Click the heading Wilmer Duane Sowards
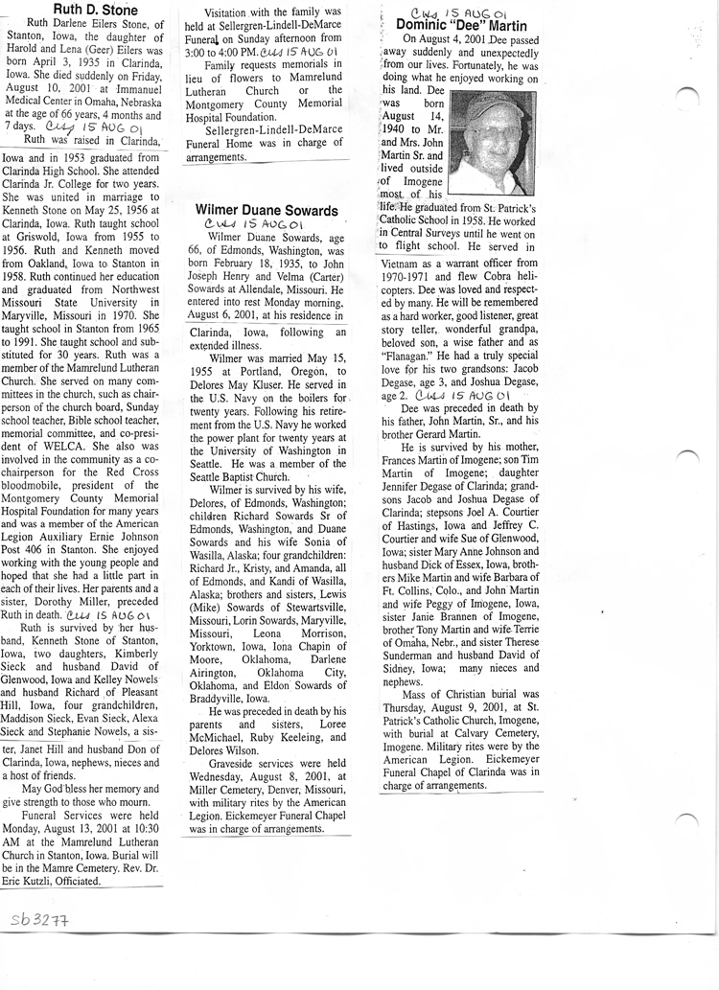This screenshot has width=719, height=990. click(266, 210)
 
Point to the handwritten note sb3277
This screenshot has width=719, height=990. click(34, 921)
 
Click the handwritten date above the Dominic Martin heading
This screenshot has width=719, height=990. click(464, 9)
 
